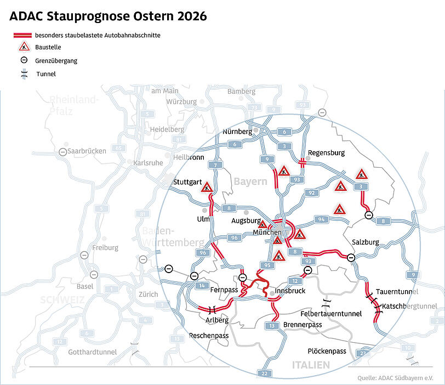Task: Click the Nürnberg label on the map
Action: tap(237, 132)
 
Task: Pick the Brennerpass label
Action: tap(303, 325)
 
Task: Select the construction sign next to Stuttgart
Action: tap(207, 188)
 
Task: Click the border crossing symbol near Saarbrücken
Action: tap(64, 151)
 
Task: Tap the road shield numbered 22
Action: tap(265, 373)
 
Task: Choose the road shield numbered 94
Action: tap(322, 219)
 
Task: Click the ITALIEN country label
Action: tap(311, 365)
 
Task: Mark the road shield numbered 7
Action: tap(217, 165)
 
